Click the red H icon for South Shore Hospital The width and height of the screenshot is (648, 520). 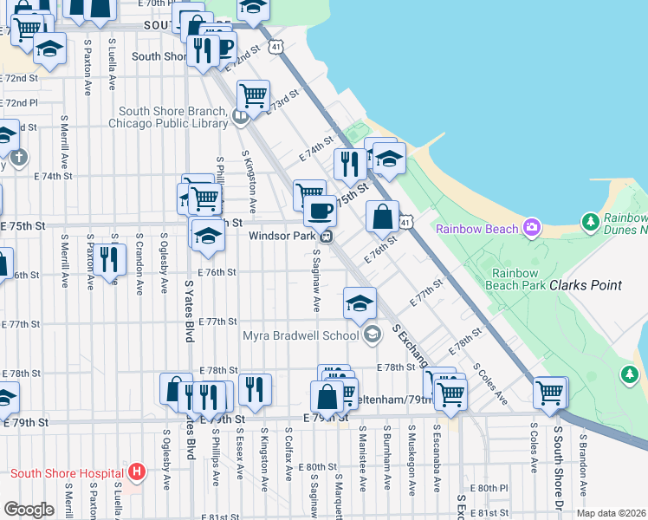coord(135,472)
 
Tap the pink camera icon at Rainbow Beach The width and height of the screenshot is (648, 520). coord(533,228)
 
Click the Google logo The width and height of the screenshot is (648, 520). coord(29,510)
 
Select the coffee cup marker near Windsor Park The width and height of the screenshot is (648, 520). coord(320,210)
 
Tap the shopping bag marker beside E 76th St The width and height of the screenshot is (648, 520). coord(382,217)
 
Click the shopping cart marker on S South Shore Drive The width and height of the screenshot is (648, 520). coord(550,393)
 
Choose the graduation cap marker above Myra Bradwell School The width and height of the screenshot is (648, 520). coord(360,302)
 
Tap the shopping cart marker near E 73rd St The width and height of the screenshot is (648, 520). coord(253,95)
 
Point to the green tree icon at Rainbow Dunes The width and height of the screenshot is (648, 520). coord(592,223)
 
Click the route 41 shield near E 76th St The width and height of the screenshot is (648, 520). coord(405,223)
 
